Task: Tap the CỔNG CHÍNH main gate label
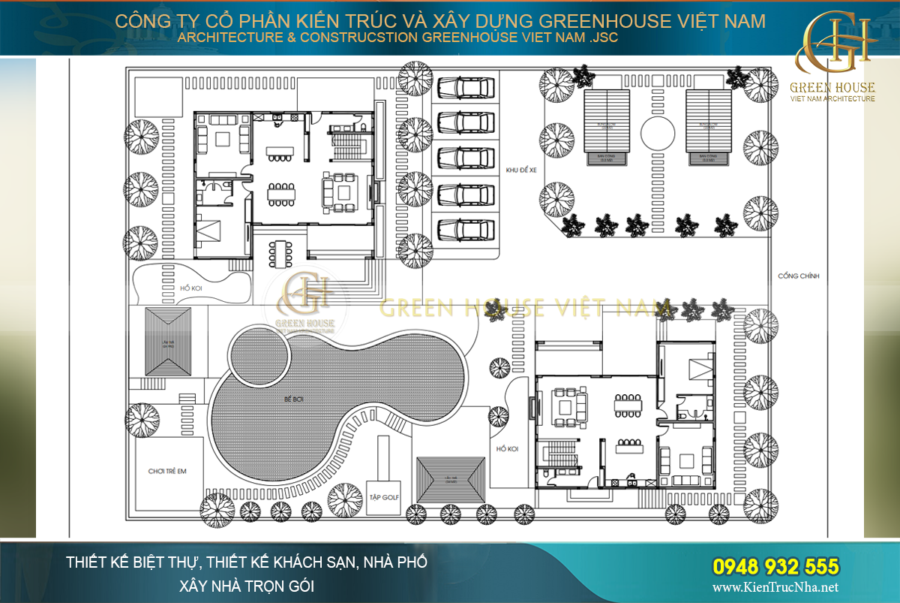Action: tap(799, 276)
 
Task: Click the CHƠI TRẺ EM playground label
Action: tap(167, 472)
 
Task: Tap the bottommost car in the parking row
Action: tap(466, 228)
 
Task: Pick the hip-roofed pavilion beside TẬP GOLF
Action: tap(451, 480)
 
